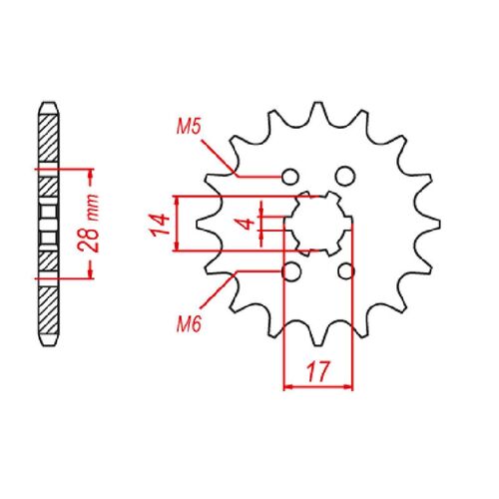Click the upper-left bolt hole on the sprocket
(290, 177)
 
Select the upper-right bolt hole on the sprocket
(346, 177)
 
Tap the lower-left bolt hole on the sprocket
(290, 271)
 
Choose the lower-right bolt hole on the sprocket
(346, 271)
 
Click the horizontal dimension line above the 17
(319, 384)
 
